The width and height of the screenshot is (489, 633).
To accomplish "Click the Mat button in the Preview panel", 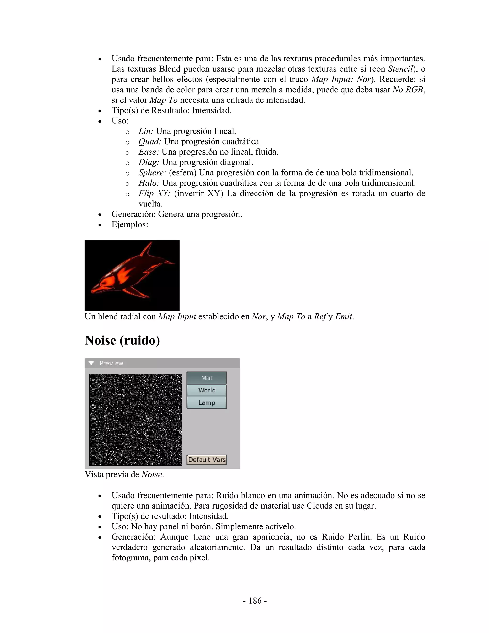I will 207,378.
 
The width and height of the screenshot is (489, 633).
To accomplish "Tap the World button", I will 207,390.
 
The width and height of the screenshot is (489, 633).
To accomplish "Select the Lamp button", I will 207,403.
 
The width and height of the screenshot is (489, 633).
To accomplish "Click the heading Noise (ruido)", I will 122,341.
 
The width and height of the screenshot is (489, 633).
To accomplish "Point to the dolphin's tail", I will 170,263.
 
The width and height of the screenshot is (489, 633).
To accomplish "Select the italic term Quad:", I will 150,142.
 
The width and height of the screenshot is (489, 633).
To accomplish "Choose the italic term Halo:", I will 149,183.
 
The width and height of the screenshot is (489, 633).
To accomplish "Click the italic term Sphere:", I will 152,173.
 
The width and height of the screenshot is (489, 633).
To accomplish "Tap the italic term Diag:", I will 149,162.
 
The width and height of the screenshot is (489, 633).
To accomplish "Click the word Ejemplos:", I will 130,225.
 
